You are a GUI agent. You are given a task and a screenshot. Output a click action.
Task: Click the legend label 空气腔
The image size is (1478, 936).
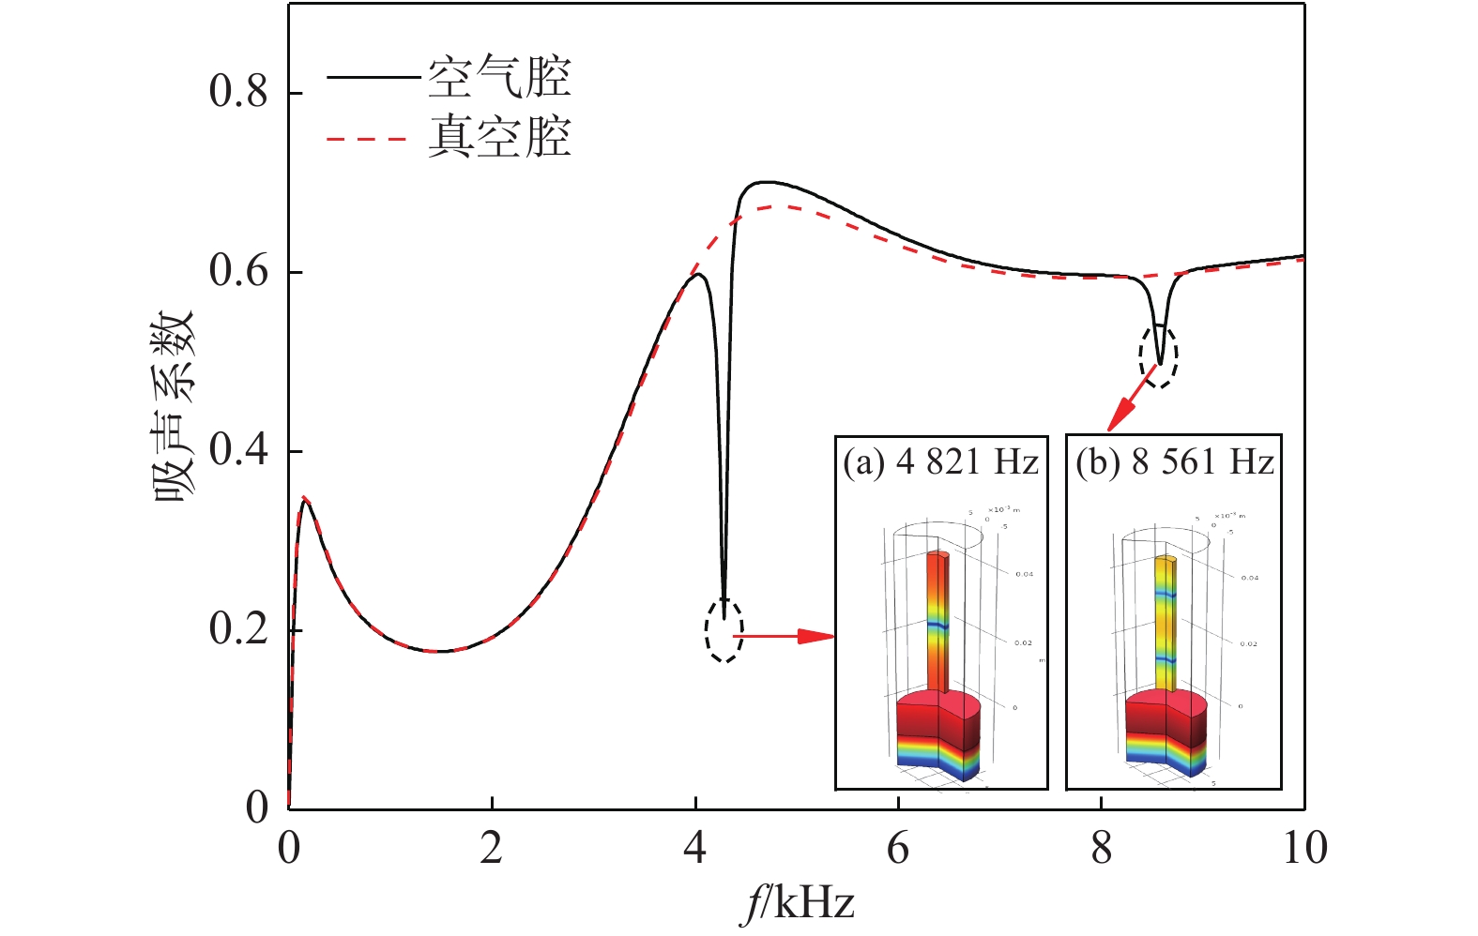tap(499, 77)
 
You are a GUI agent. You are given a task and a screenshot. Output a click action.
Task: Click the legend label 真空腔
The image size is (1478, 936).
tap(499, 137)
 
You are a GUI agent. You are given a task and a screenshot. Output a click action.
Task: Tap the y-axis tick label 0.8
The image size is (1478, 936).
tap(238, 92)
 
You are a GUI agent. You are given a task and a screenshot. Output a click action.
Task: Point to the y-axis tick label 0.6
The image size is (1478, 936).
tap(238, 271)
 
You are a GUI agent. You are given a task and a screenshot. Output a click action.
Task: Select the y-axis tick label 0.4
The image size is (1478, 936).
tap(238, 450)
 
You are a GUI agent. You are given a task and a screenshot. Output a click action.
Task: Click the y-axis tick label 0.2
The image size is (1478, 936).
tap(238, 629)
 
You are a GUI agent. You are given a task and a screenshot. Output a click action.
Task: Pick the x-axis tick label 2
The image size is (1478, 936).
tap(492, 848)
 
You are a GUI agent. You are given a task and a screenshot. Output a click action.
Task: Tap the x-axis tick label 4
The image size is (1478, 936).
tap(694, 848)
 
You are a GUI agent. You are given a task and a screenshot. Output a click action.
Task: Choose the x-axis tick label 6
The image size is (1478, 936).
tap(898, 848)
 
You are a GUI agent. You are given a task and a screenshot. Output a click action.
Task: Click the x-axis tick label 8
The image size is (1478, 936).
tap(1101, 848)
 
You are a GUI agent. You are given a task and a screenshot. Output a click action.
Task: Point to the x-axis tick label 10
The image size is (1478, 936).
tap(1303, 848)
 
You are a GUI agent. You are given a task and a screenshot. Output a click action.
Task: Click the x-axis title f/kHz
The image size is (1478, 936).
tap(797, 904)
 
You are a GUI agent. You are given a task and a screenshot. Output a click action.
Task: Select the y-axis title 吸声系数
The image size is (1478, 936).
tap(174, 405)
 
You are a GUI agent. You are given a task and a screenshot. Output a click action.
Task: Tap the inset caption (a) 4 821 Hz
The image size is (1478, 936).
tap(940, 462)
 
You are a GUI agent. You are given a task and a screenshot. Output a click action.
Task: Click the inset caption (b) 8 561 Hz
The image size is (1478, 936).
tap(1174, 462)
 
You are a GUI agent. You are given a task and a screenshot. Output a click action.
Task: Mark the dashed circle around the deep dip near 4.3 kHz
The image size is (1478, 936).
tap(724, 629)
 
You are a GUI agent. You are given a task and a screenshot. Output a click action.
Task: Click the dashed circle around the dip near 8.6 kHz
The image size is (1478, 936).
tap(1158, 355)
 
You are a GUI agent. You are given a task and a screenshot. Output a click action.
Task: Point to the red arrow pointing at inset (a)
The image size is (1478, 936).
tap(783, 636)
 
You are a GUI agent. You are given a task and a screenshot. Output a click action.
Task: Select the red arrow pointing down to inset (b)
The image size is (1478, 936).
tap(1130, 399)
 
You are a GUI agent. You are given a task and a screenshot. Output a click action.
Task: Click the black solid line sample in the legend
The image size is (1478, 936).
tap(372, 77)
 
